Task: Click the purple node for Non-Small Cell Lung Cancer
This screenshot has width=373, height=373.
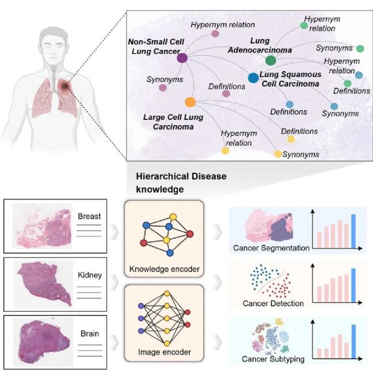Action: click(182, 57)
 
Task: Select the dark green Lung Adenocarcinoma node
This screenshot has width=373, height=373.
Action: click(271, 60)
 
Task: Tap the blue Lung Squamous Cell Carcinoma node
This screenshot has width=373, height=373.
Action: click(252, 77)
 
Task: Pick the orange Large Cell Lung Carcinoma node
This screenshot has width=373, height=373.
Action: click(191, 103)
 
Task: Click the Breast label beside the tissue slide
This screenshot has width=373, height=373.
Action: click(90, 216)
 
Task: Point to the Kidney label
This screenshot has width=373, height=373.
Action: click(90, 275)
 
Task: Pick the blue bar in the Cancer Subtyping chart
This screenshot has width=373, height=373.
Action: click(353, 340)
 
